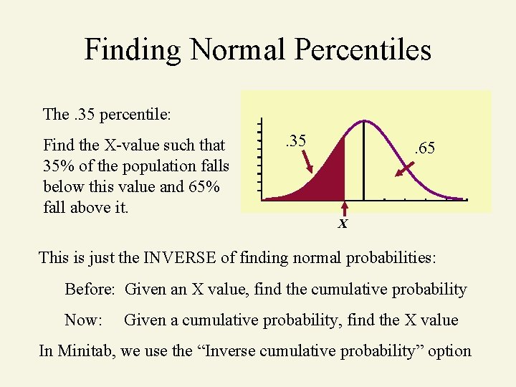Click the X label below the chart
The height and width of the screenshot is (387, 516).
[343, 224]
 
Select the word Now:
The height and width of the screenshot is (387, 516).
[83, 320]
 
